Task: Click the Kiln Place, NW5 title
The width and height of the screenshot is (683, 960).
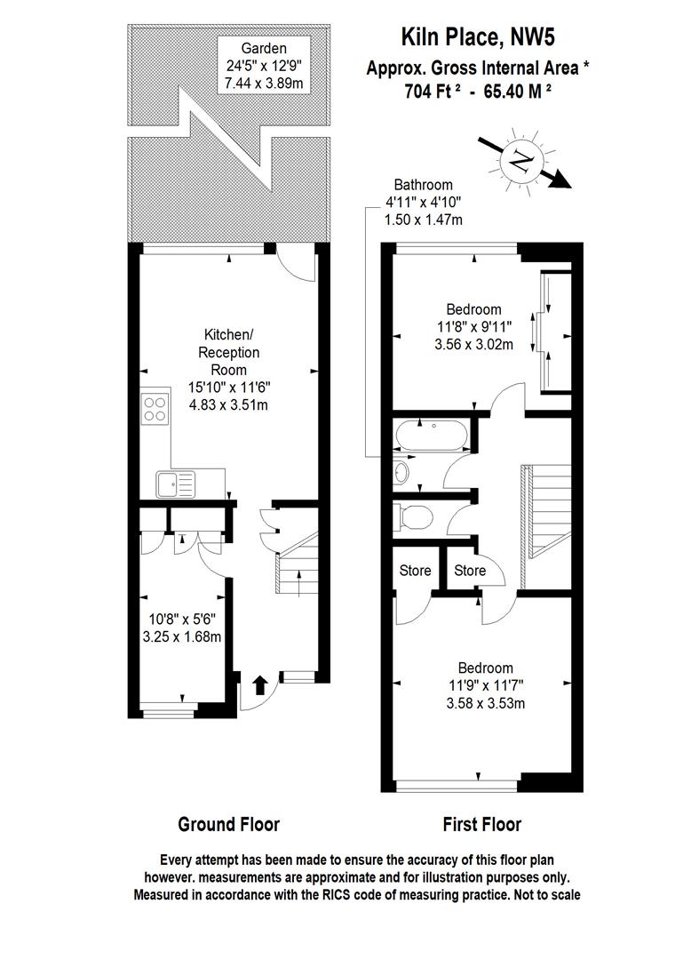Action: click(480, 36)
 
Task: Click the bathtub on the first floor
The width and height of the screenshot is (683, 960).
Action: click(428, 436)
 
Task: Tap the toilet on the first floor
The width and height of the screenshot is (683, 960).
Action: click(414, 515)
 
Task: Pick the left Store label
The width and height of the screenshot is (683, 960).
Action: click(415, 571)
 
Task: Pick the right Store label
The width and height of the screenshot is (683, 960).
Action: click(470, 571)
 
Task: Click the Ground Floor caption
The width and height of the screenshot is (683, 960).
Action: click(229, 824)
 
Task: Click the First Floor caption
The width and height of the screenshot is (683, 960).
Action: click(481, 824)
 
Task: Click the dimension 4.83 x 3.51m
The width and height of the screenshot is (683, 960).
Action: click(229, 404)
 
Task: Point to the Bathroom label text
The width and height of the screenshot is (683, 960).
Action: click(424, 185)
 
